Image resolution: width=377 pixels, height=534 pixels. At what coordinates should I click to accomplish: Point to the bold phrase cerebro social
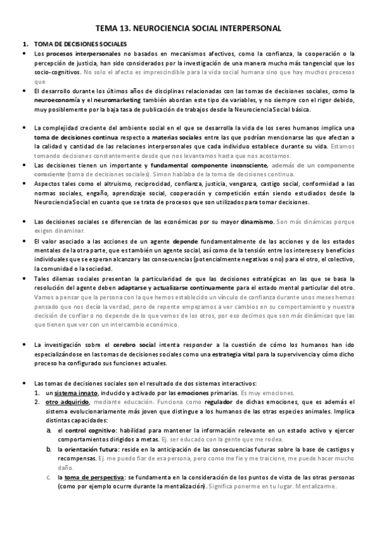pos(133,344)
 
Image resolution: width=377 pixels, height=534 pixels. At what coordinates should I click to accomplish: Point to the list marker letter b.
pos(48,449)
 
